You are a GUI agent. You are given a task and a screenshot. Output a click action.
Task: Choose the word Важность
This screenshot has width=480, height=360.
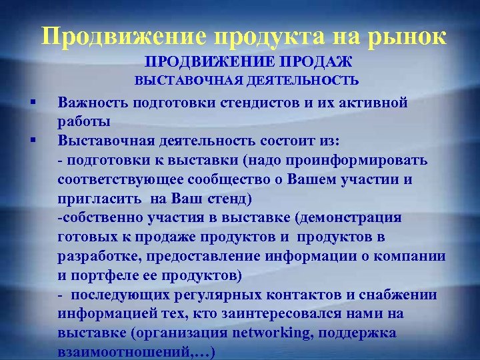tap(93, 103)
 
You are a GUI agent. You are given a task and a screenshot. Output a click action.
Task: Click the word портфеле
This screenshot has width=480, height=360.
tap(105, 275)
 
